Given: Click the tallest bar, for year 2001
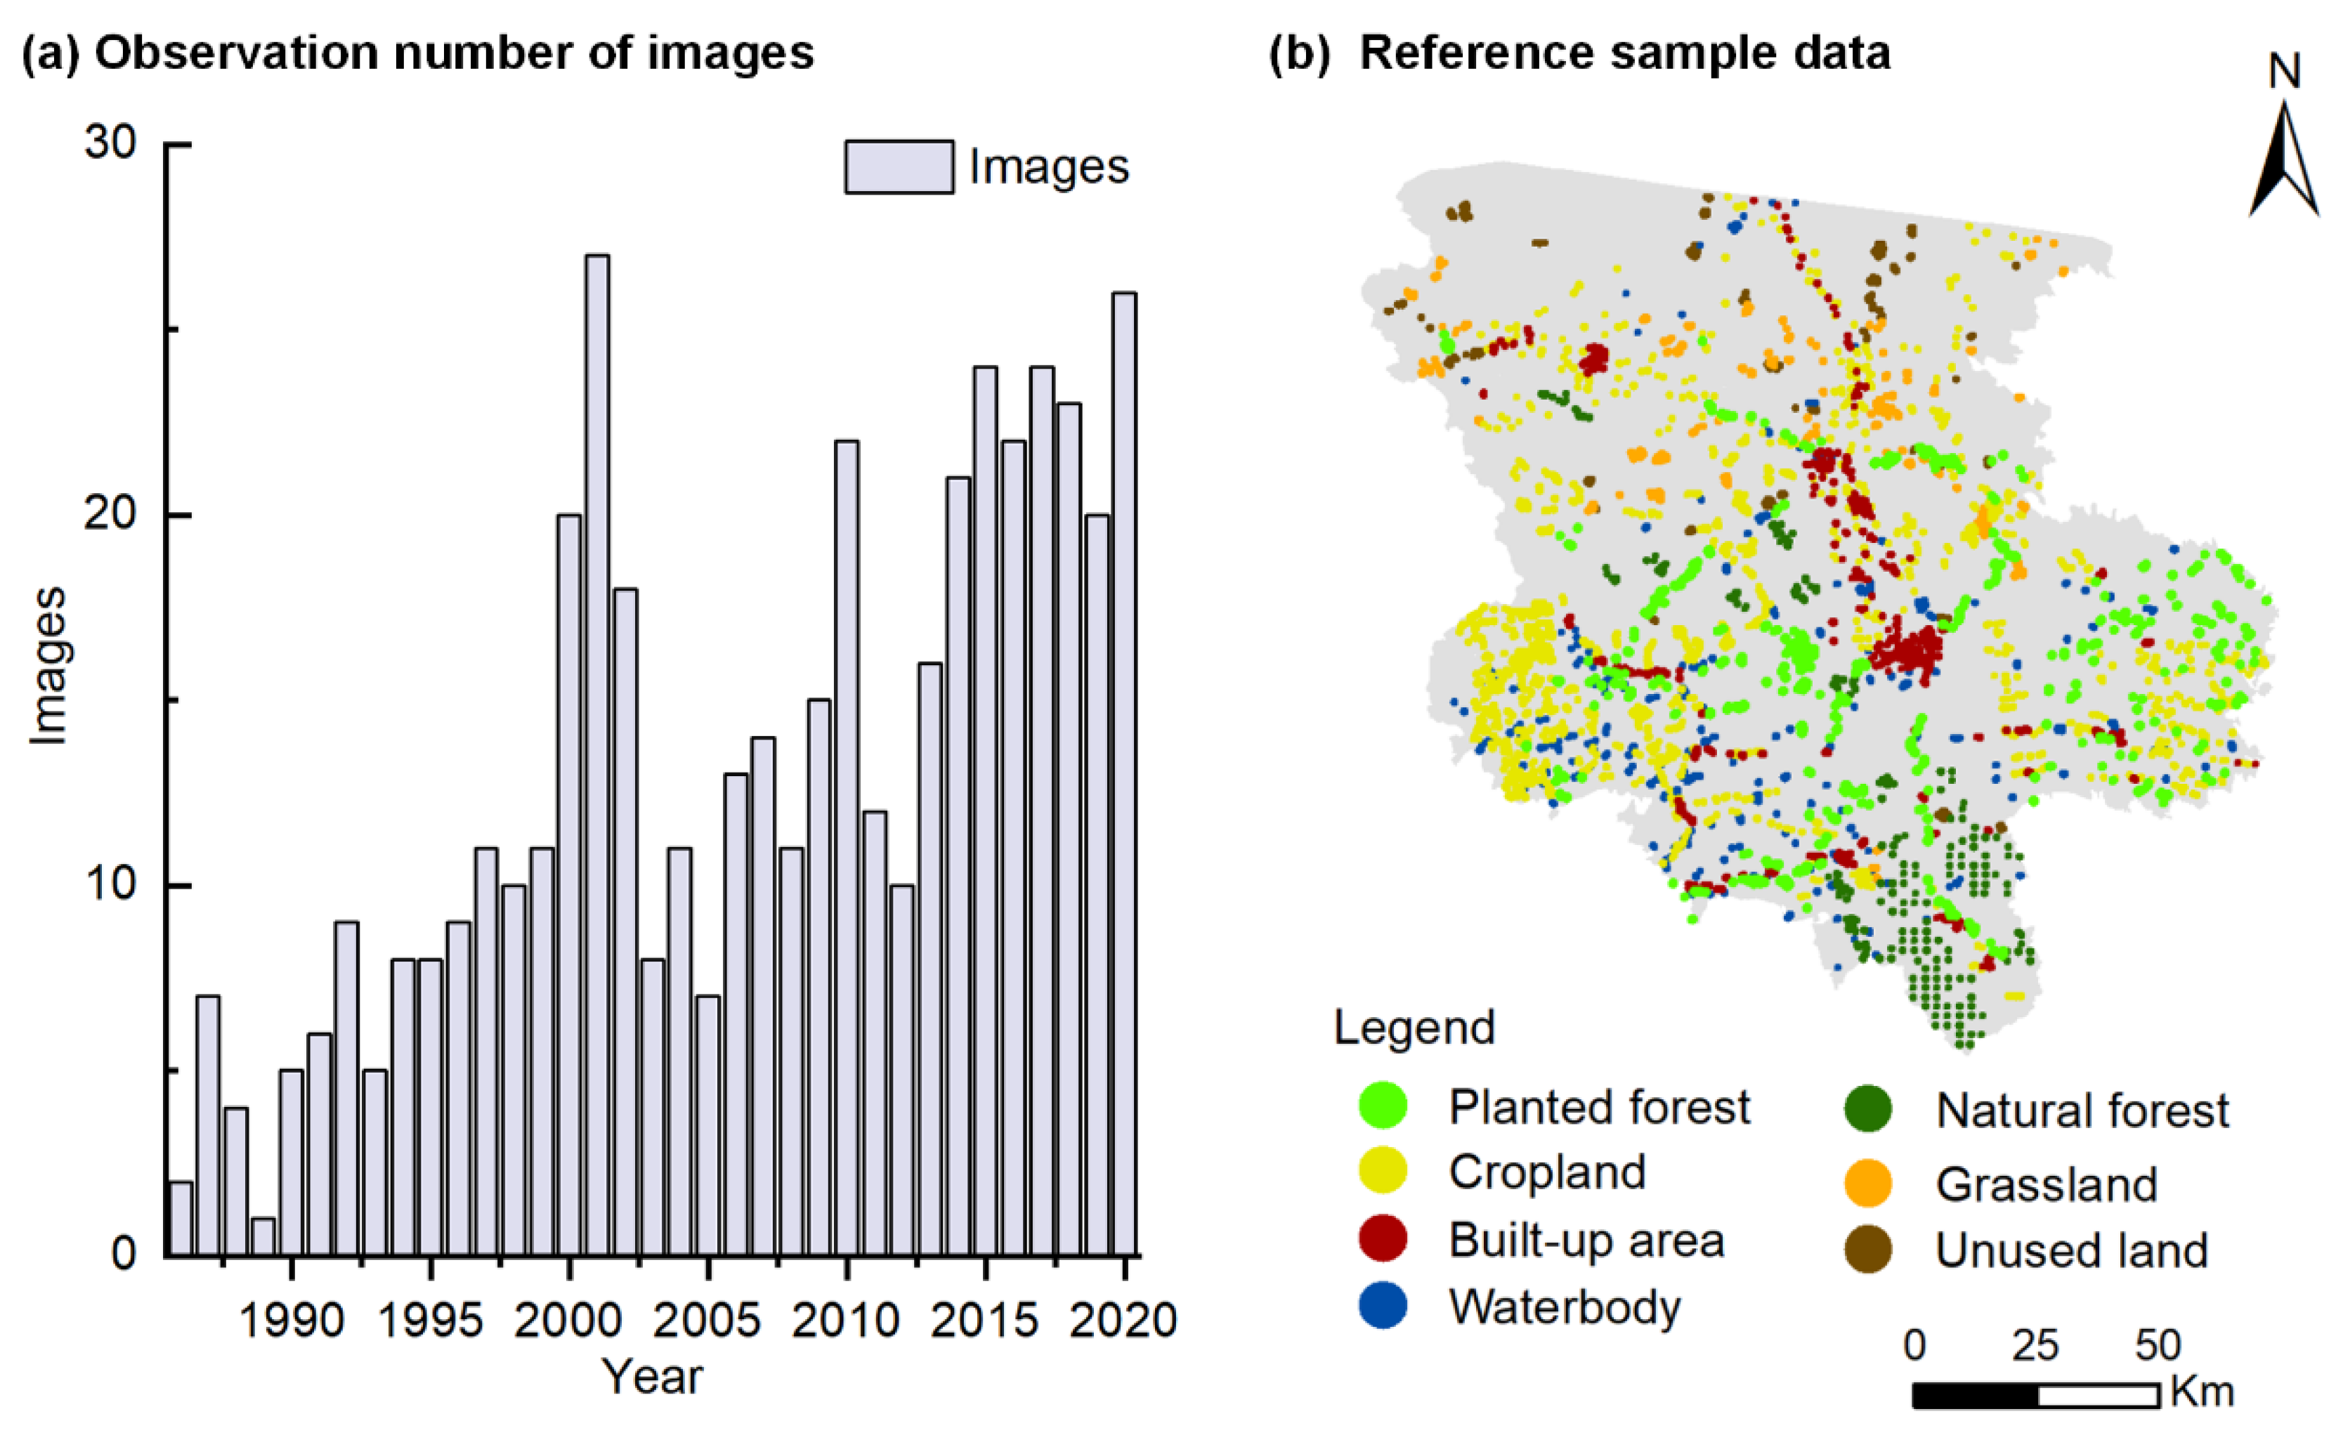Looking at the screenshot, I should point(597,754).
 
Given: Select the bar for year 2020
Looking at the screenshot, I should point(1125,773).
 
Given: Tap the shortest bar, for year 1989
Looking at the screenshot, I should point(263,1236).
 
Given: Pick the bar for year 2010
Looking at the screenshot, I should point(847,848).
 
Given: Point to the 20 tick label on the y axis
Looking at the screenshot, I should point(110,514).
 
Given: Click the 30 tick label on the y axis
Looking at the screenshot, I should point(110,143).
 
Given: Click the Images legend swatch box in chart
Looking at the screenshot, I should point(899,167).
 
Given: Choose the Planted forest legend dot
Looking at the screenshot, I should point(1383,1106).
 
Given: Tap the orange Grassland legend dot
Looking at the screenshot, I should point(1868,1184).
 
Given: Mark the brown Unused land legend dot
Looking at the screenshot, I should point(1868,1250).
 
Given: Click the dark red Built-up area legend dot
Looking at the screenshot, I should point(1383,1240).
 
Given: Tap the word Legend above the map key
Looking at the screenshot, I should point(1414,1028).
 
